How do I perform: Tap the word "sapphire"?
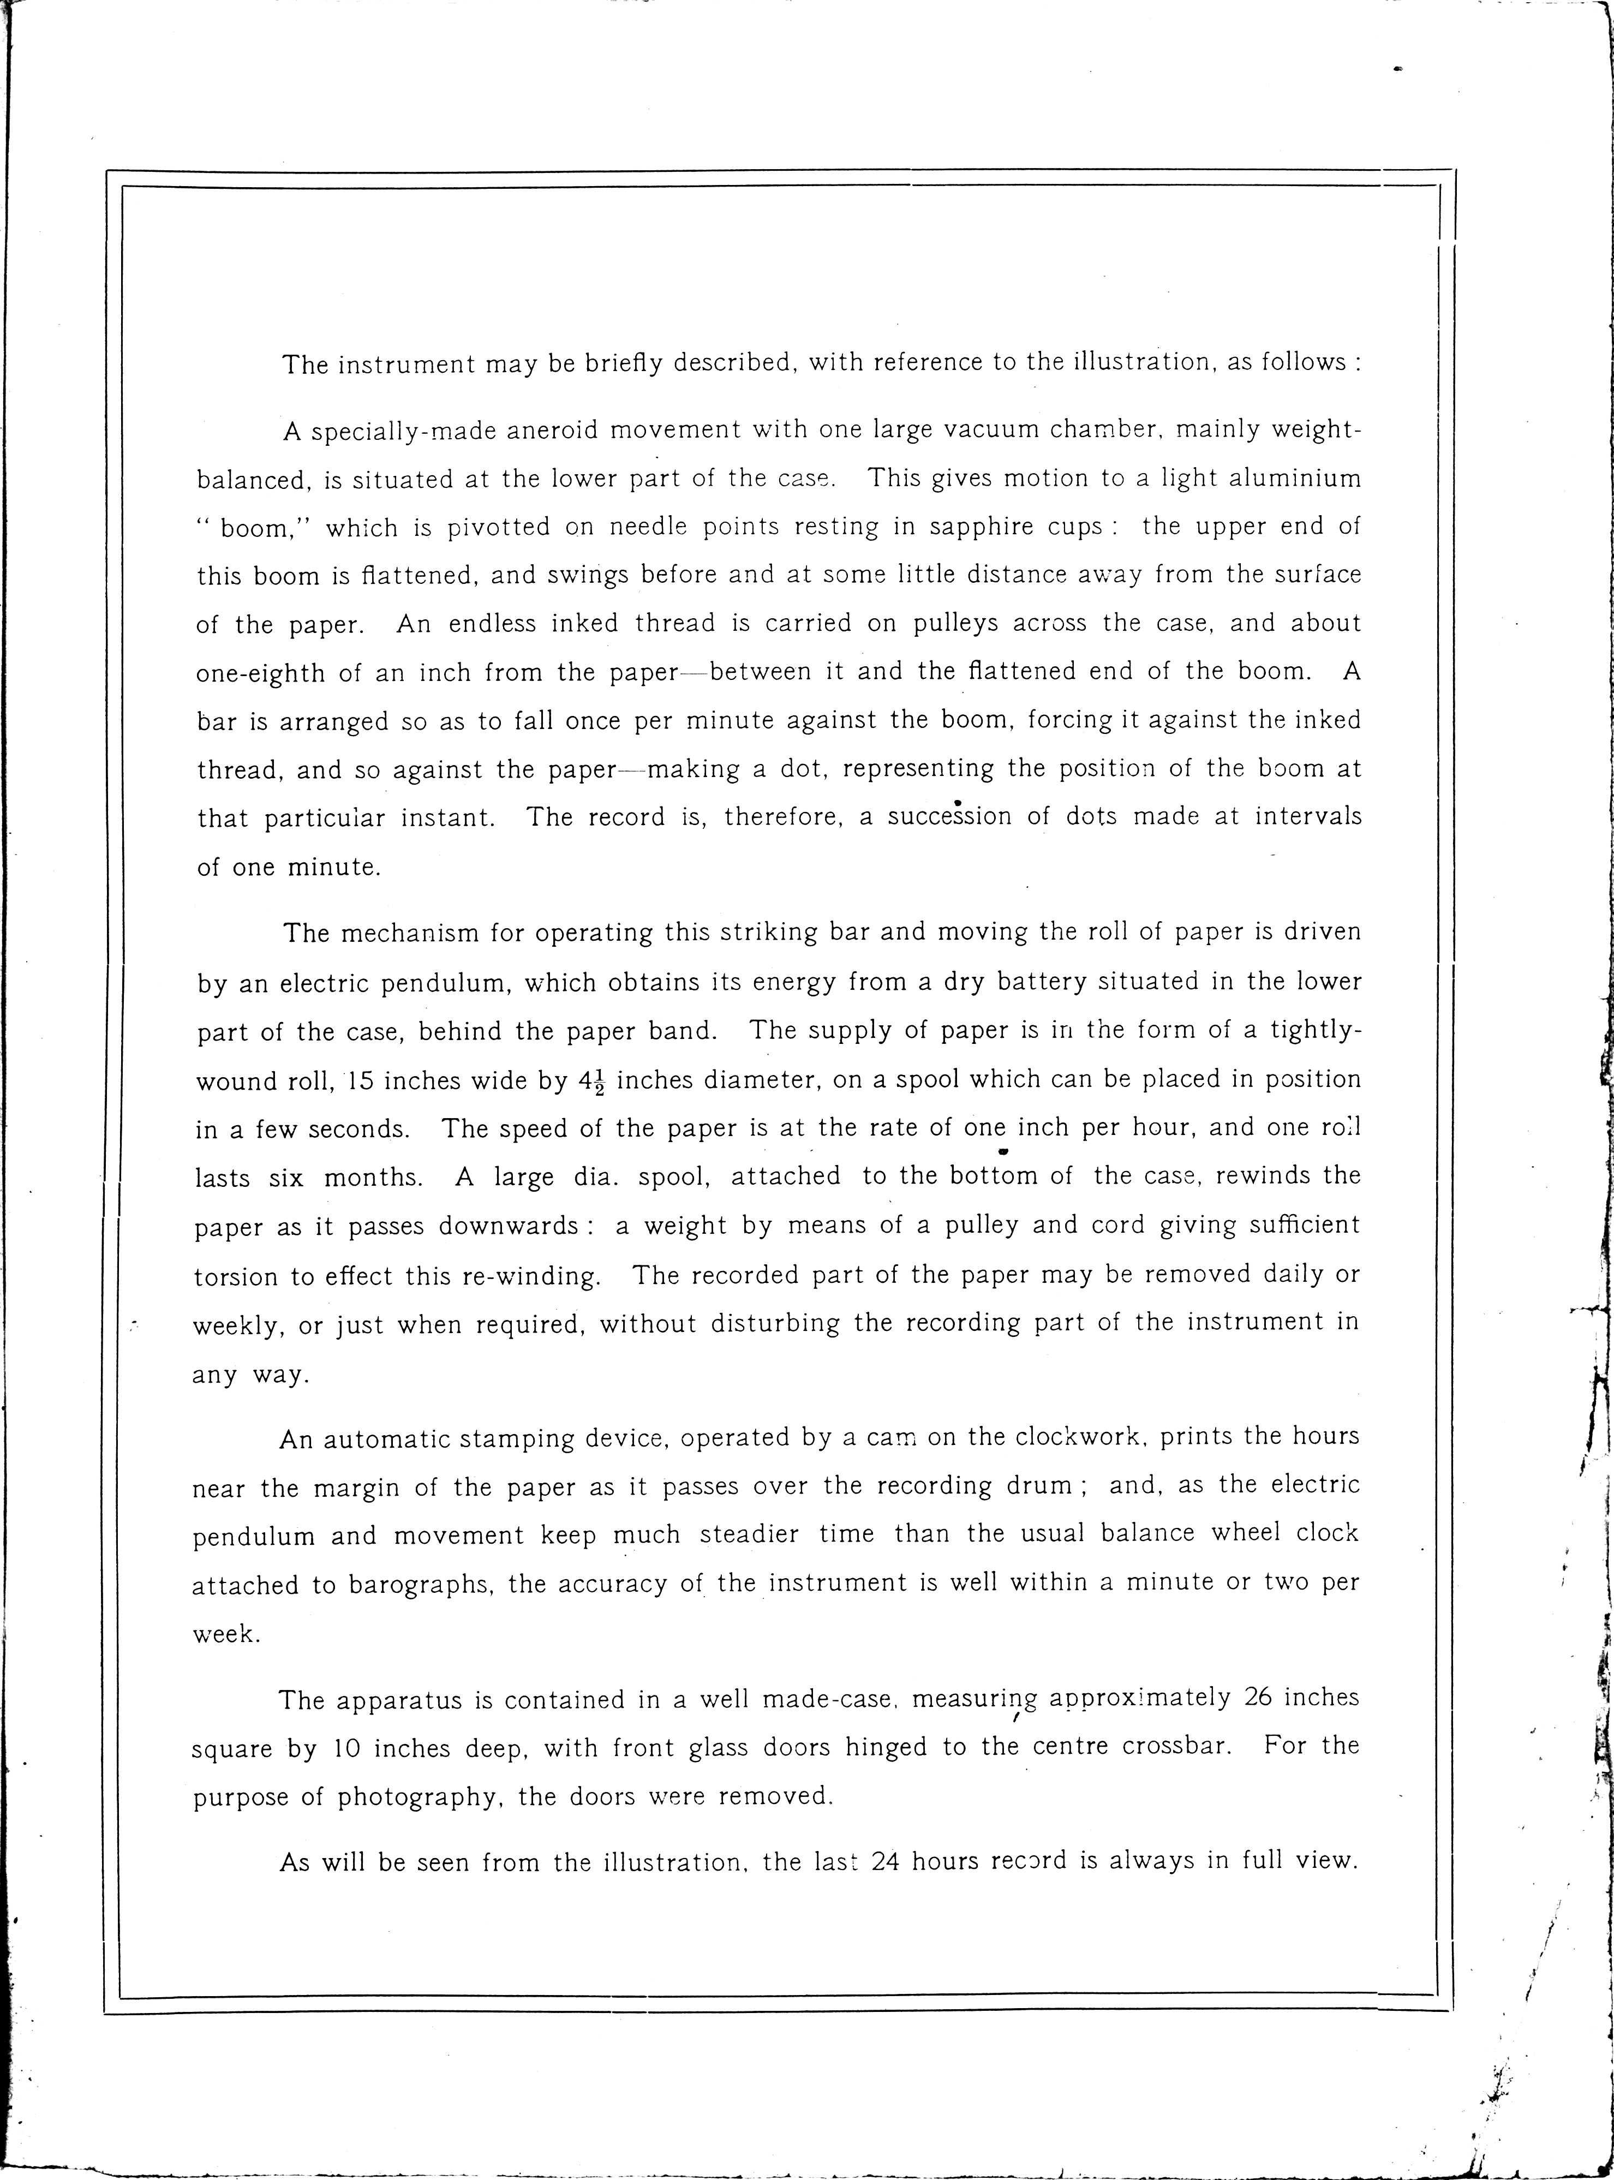[x=987, y=528]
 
